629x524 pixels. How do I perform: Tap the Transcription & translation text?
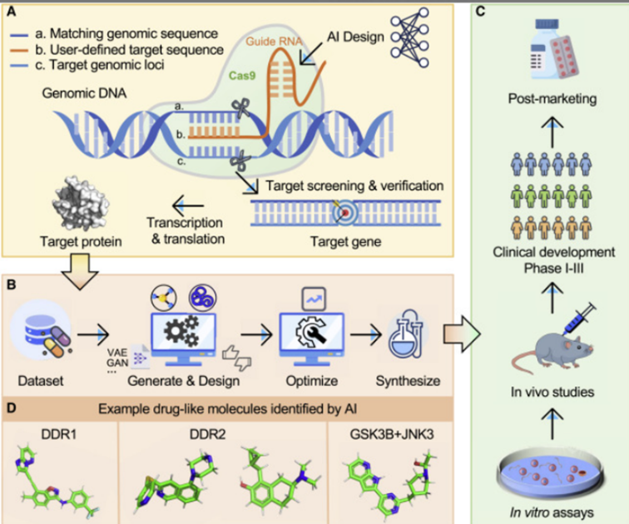pyautogui.click(x=184, y=230)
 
